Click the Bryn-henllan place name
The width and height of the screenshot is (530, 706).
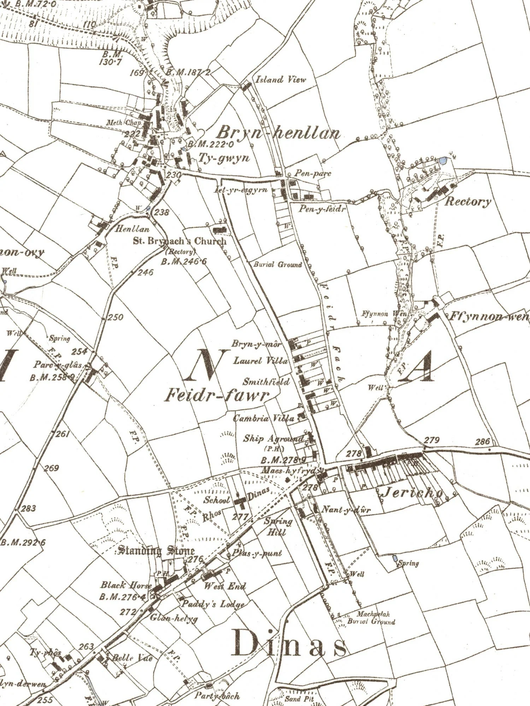[278, 133]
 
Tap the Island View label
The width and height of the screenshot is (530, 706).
[281, 80]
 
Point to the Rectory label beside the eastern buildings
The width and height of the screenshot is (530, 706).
[467, 202]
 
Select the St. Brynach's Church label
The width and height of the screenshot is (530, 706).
[179, 241]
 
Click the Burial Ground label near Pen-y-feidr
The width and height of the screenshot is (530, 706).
[278, 264]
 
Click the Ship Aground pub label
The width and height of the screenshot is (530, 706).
[273, 439]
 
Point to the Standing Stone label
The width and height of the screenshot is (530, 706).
[156, 550]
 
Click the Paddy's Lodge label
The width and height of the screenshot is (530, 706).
[213, 604]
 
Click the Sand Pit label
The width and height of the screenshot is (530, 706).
[299, 699]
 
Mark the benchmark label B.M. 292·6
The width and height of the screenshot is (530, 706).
[23, 543]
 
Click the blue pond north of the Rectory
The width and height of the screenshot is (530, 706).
[442, 161]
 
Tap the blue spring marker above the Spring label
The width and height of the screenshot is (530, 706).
[395, 558]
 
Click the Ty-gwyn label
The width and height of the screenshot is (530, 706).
[224, 158]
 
